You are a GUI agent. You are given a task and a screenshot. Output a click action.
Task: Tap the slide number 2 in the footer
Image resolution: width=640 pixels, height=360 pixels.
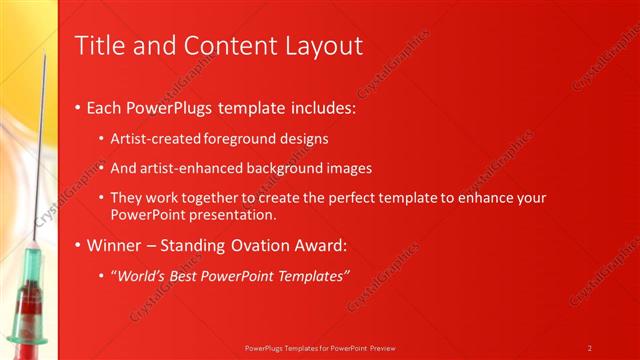click(x=590, y=348)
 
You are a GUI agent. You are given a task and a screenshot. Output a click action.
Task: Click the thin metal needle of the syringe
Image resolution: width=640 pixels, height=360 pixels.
click(x=40, y=150)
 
